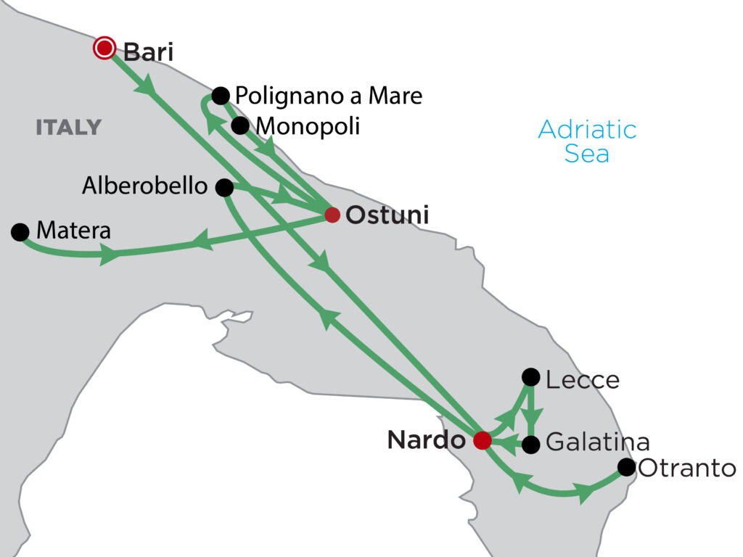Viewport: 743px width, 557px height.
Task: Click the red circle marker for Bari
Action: (x=105, y=49)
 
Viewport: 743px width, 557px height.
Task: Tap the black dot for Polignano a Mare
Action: (x=221, y=95)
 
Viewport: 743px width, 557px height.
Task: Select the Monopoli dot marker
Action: (x=240, y=125)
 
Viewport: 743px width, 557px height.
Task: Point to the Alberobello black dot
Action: (x=225, y=188)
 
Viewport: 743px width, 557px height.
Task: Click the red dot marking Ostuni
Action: (x=332, y=215)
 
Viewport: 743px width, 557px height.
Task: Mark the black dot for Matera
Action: (x=20, y=232)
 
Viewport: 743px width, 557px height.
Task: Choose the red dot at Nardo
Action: (x=482, y=440)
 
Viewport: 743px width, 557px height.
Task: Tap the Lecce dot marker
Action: (x=531, y=377)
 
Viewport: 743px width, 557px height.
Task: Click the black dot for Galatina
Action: (x=531, y=443)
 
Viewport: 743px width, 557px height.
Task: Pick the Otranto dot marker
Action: (x=626, y=467)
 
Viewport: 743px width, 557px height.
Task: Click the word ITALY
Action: (x=68, y=128)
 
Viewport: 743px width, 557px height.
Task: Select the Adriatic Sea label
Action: (x=587, y=141)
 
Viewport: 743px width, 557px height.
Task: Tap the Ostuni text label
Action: (x=387, y=215)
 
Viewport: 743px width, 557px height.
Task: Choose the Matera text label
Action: (x=73, y=231)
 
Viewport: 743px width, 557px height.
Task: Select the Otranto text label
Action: (x=686, y=469)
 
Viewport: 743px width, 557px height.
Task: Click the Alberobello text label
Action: (x=144, y=186)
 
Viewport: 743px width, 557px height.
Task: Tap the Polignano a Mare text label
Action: (x=329, y=95)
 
